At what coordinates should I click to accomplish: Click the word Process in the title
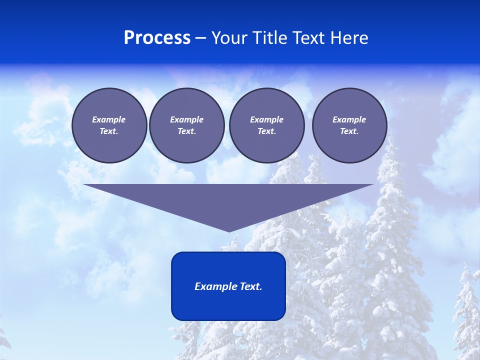click(x=157, y=38)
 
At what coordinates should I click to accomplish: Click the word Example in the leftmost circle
click(x=109, y=119)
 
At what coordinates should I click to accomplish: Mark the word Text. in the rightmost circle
click(x=349, y=131)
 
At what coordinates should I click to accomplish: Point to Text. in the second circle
click(x=186, y=131)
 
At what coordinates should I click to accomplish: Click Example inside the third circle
click(x=266, y=119)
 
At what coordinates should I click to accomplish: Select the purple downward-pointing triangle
click(x=228, y=200)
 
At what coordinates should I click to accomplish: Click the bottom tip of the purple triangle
click(x=229, y=231)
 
